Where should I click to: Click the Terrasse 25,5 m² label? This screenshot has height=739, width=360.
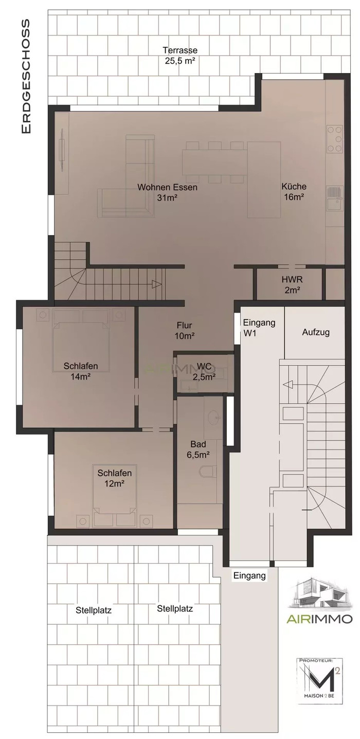click(x=180, y=56)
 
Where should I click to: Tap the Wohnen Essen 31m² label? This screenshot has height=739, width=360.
click(x=167, y=192)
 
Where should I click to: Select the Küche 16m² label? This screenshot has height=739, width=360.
click(x=294, y=191)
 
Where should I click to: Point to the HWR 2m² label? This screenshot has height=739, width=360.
click(x=292, y=285)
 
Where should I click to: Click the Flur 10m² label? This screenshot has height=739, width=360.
click(x=185, y=331)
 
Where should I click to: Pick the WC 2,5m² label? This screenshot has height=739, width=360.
click(x=204, y=371)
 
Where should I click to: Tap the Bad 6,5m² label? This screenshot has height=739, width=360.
click(x=199, y=449)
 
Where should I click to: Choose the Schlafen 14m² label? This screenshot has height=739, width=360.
click(x=81, y=371)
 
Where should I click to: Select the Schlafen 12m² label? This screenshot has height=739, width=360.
click(x=115, y=478)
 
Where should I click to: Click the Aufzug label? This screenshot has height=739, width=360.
click(x=316, y=332)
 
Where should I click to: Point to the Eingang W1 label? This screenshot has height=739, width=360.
click(x=259, y=327)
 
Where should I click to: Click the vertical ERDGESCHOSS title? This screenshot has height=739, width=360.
click(x=26, y=76)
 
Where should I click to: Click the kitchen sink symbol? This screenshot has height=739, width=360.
click(x=335, y=199)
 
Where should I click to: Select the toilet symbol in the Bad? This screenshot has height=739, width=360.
click(x=208, y=471)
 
